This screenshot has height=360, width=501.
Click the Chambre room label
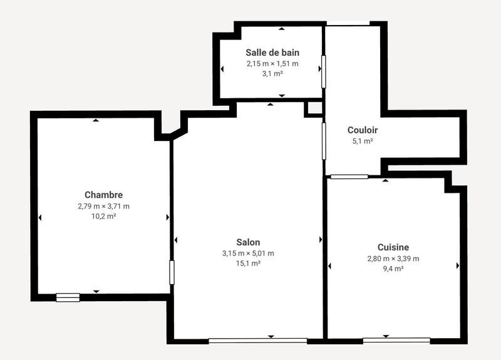coord(103,195)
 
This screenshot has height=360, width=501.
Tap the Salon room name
coord(248,242)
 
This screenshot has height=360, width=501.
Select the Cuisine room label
coord(393,247)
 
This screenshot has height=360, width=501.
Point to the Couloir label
coord(363,130)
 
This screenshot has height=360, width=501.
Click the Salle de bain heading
coord(272,53)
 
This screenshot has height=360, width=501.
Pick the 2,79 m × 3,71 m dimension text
coord(103,206)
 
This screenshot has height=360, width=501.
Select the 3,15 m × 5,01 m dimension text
coord(248,254)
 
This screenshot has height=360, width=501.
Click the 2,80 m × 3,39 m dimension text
coord(393,259)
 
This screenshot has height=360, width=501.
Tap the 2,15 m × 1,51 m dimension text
coord(272,63)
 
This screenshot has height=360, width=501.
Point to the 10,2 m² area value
coord(103,216)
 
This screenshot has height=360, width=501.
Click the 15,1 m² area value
coord(248,264)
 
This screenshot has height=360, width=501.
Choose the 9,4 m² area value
coord(393,269)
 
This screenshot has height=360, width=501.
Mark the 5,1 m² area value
coord(363,141)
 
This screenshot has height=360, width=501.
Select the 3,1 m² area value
coord(272,73)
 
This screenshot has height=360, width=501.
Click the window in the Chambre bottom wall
coord(68,297)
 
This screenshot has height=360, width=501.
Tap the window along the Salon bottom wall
coord(257,341)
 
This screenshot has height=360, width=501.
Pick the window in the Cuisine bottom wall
coord(396,341)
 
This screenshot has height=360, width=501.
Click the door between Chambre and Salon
coord(172,272)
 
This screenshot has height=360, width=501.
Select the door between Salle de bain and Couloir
coord(324,71)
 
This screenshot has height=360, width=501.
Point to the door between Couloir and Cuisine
coord(349,177)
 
